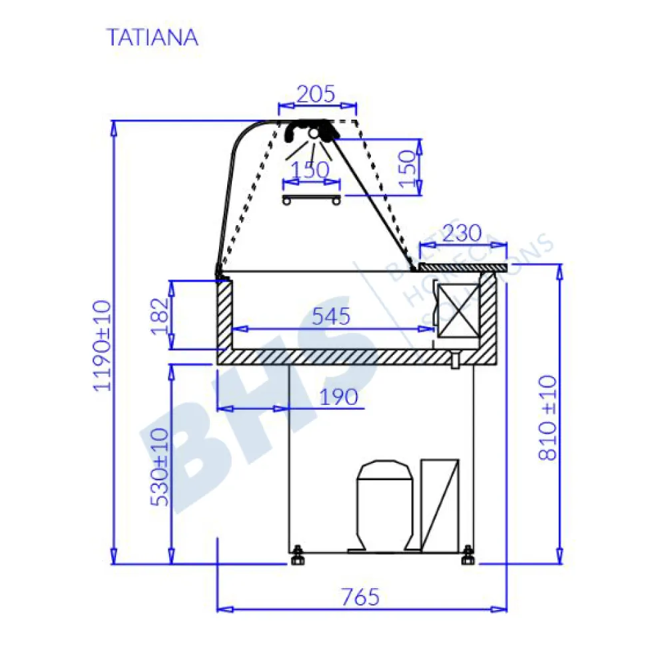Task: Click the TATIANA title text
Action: coord(153,37)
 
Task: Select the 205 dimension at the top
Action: coord(316,95)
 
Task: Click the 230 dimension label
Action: coord(461,234)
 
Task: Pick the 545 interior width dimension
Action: coord(331,316)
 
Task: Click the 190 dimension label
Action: coord(338,397)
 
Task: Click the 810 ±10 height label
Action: coord(547,417)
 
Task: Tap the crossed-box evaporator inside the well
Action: coord(457,311)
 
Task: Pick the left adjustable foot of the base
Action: coord(296,555)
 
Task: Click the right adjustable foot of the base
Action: coord(468,555)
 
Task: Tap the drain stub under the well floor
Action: coord(454,360)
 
